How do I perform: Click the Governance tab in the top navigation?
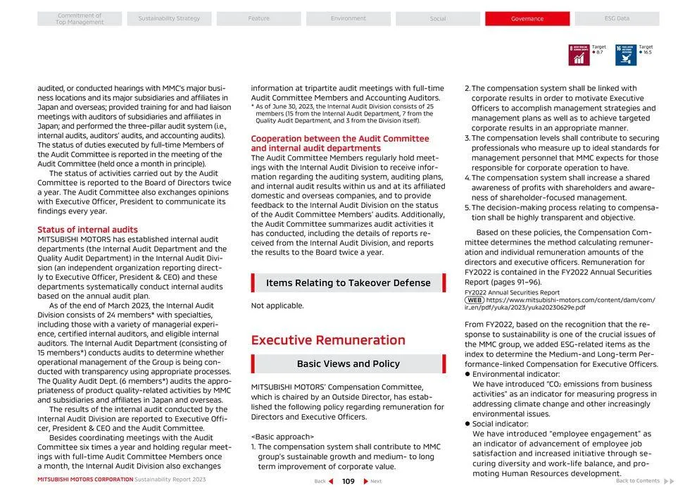pos(527,19)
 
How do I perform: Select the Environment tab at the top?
pos(348,19)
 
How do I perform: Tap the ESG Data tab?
pos(617,19)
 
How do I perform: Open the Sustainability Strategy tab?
pos(169,19)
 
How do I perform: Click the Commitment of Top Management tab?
pos(80,19)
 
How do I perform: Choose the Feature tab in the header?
pos(258,19)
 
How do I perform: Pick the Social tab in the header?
pos(437,19)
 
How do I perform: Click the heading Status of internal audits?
pos(87,230)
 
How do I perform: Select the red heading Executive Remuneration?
pos(328,340)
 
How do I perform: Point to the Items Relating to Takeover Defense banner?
pos(348,283)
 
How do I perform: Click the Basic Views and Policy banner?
pos(348,364)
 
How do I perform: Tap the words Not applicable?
pos(277,306)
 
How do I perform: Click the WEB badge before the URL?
pos(475,300)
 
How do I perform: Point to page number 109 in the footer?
pos(348,482)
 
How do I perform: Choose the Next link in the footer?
pos(372,482)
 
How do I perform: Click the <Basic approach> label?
pos(282,437)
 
